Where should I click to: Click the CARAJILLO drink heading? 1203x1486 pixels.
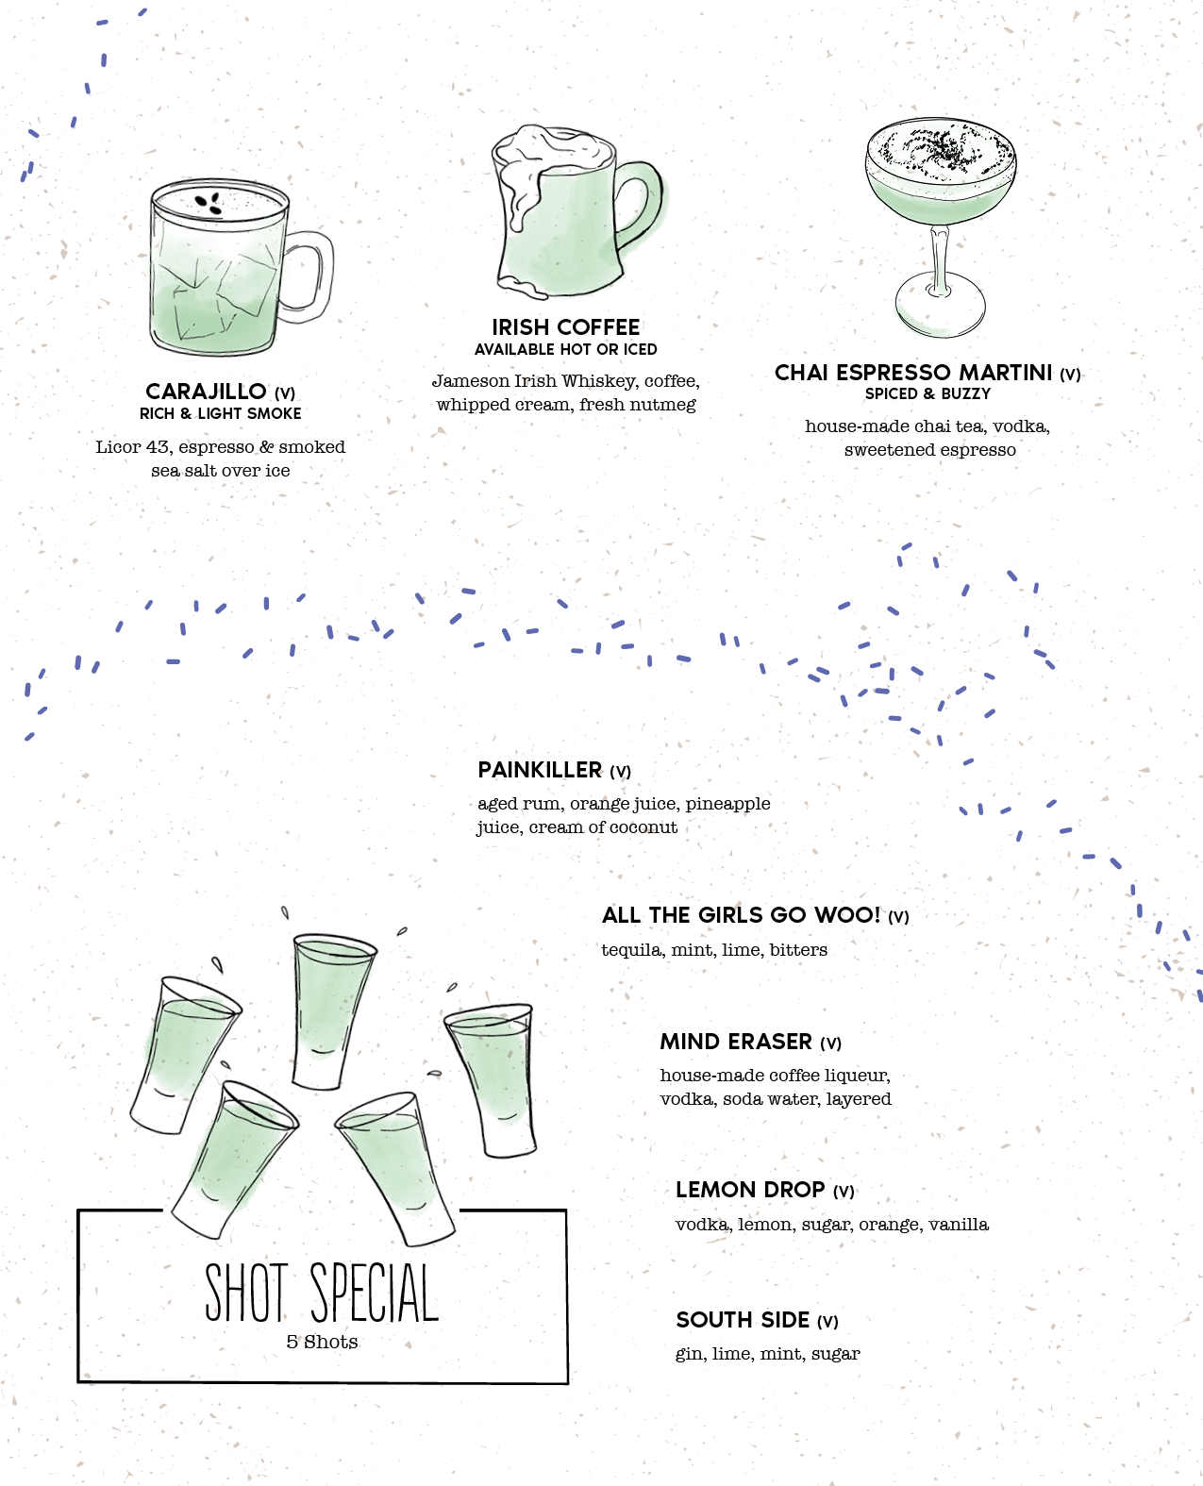206,392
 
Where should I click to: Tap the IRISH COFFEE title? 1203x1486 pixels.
566,327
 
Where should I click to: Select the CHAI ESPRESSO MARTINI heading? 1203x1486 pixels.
912,373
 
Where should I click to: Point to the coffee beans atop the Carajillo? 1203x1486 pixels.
209,203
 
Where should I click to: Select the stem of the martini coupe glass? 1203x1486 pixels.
940,259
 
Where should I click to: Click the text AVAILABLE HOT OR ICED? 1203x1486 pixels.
566,349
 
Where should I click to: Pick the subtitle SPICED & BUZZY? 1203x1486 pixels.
927,393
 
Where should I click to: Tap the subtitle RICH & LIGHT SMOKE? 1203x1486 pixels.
221,413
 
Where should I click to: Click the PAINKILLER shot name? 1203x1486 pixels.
540,770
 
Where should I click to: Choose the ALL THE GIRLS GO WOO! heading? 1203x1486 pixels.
741,914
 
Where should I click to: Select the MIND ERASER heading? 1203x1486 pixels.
735,1042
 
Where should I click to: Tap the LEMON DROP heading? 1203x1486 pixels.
750,1190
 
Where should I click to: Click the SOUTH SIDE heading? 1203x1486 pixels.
743,1320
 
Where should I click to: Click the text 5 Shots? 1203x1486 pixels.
322,1342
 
